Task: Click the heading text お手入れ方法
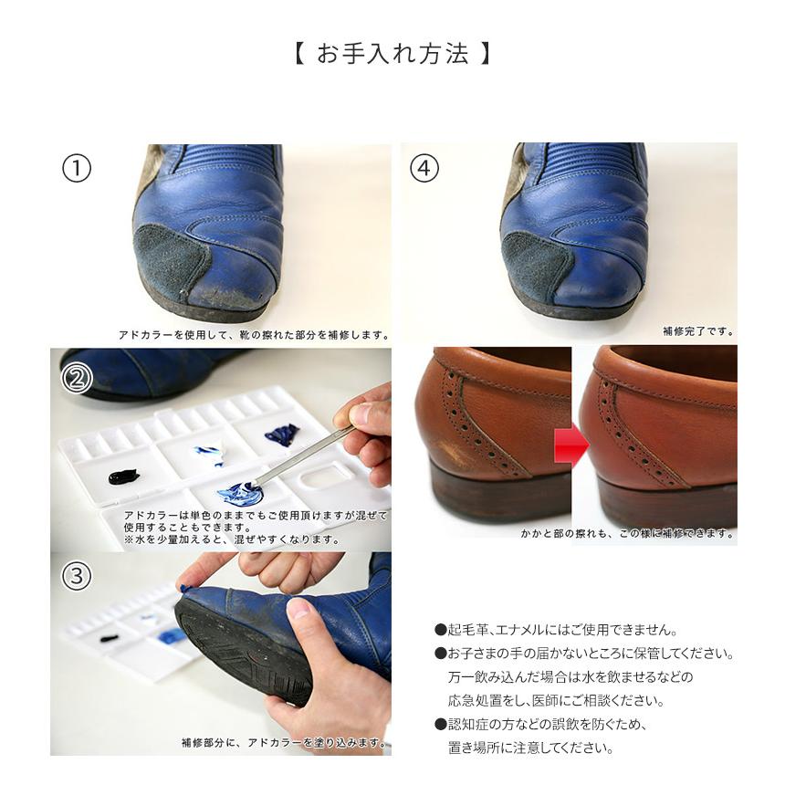[392, 53]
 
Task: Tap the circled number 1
[77, 169]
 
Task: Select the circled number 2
[77, 377]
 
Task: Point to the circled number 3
[77, 576]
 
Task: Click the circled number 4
[424, 169]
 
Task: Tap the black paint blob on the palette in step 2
[122, 476]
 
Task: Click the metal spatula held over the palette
[301, 452]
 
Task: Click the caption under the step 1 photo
[253, 335]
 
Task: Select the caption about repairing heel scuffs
[628, 533]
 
